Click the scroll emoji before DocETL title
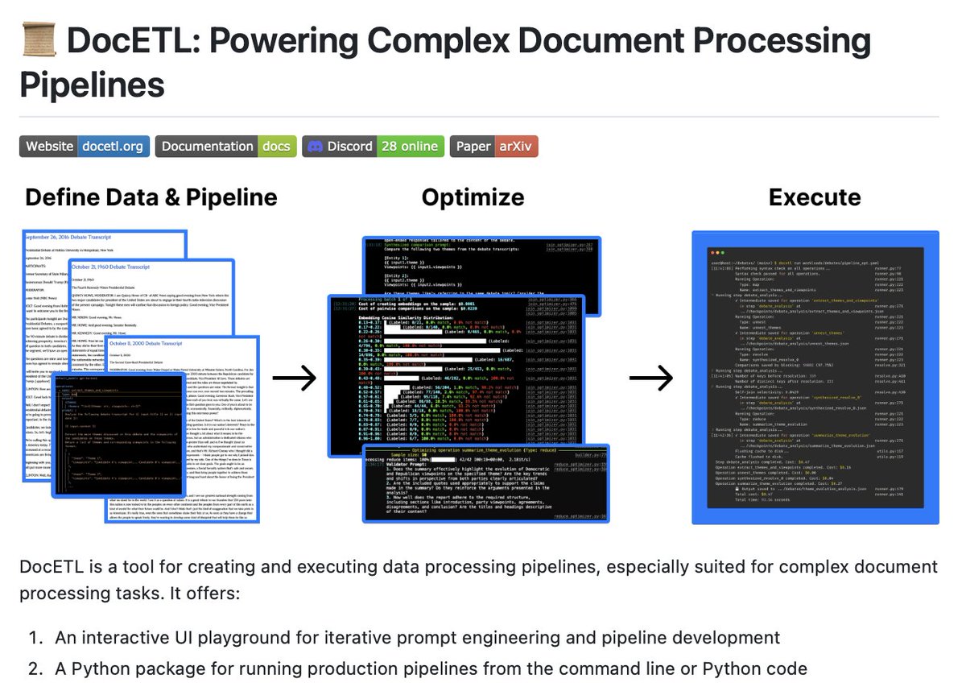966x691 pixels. pos(37,40)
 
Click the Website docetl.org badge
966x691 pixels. pos(85,146)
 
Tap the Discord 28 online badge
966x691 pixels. pos(373,146)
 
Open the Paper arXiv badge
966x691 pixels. pos(493,146)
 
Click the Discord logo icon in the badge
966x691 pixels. pos(316,146)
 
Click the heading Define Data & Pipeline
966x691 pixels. pos(151,197)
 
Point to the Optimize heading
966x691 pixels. pos(473,197)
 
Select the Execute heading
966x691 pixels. pos(814,197)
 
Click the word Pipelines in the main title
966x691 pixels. pos(93,85)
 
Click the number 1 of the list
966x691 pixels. pos(35,638)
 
